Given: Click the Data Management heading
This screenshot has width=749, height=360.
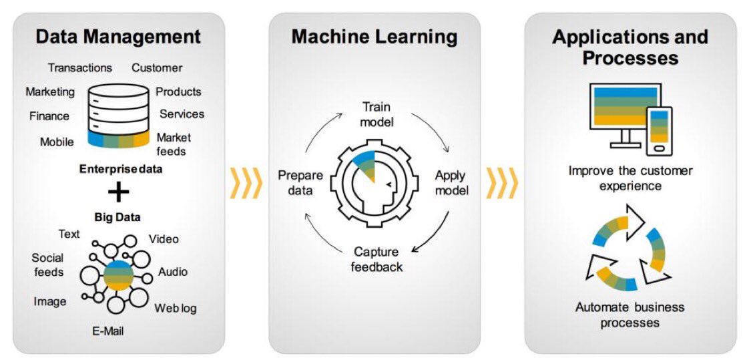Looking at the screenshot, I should pos(118,36).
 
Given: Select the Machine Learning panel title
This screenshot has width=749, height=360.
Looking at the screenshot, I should pos(374,36).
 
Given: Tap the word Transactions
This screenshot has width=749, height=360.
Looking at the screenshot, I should pos(80,67).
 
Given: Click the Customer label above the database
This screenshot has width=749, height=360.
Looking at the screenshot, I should pos(157,67).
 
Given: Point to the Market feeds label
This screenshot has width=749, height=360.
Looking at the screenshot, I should pos(174,144).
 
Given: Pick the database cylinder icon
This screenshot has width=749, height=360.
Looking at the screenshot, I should pos(118,115).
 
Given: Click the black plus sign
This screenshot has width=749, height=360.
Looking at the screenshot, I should pos(119,192).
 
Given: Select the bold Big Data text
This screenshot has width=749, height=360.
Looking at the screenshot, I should pos(118,217).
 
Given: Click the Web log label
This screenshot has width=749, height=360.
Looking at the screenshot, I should pos(176,308).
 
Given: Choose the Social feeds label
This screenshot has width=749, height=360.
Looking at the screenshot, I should pos(48,264).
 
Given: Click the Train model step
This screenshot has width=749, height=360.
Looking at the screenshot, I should pos(377,114).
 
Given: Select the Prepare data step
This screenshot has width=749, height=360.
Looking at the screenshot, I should pos(300,183).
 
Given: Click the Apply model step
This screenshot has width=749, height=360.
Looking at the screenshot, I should pos(452,183).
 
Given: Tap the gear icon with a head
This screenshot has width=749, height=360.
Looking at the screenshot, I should pos(374,184).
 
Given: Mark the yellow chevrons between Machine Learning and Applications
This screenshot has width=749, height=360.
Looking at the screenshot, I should pos(502,183).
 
